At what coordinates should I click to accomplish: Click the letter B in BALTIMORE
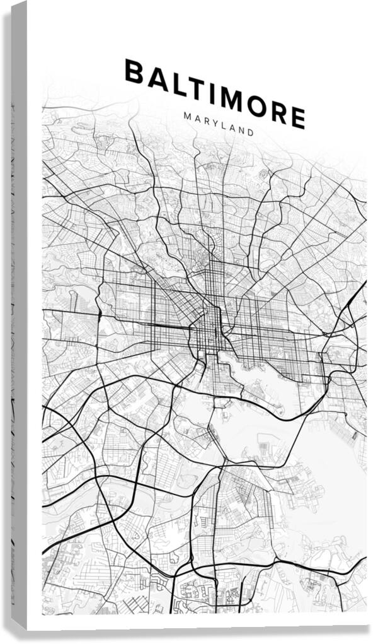point(134,71)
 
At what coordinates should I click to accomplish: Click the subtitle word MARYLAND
point(219,124)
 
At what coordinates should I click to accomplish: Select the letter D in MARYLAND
point(251,133)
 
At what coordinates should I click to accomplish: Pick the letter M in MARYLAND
point(187,116)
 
